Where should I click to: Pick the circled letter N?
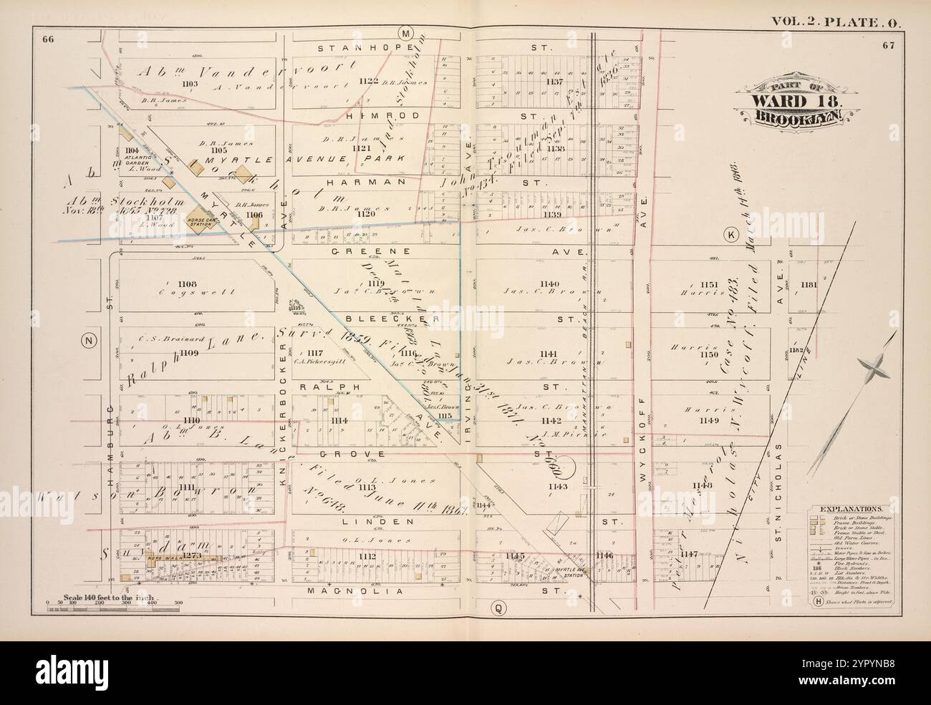pos(89,341)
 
